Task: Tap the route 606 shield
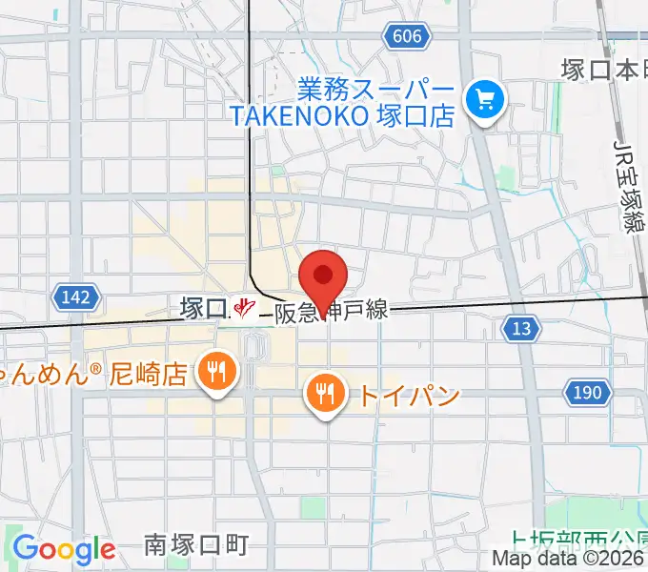tap(405, 35)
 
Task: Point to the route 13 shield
tap(520, 329)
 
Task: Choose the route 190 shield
tap(587, 391)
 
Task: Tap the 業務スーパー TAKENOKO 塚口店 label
tap(343, 103)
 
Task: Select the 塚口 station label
tap(201, 307)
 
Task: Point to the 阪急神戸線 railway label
tap(331, 312)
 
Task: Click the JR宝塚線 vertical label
tap(628, 186)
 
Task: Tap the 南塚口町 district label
tap(196, 544)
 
